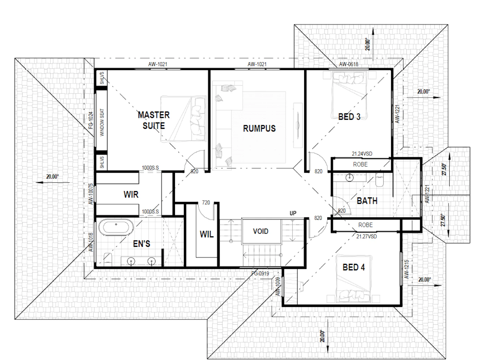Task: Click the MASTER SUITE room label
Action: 153,120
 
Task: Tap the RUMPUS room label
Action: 259,128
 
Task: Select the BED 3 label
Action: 349,117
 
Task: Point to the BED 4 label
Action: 354,267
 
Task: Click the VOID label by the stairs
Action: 261,231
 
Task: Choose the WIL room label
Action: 206,234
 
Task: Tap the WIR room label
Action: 131,194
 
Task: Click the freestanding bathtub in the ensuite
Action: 116,227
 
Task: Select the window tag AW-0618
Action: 349,64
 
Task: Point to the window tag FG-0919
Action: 260,273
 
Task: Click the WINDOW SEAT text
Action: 102,123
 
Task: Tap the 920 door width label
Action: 194,171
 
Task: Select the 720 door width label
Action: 206,202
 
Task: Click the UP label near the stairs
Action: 293,213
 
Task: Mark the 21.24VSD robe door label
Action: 362,154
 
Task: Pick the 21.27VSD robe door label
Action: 367,236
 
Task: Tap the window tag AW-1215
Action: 406,269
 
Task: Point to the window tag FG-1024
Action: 91,120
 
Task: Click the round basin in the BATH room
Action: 350,178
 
